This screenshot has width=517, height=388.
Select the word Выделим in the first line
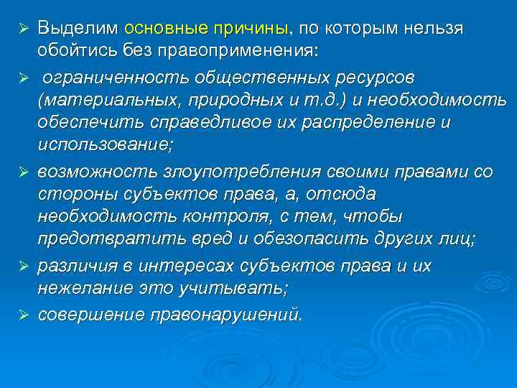tap(78, 29)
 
